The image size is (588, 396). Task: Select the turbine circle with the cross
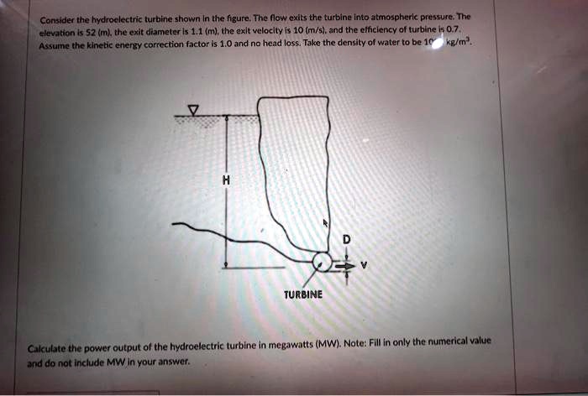[323, 263]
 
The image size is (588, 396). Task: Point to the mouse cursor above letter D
[328, 223]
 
